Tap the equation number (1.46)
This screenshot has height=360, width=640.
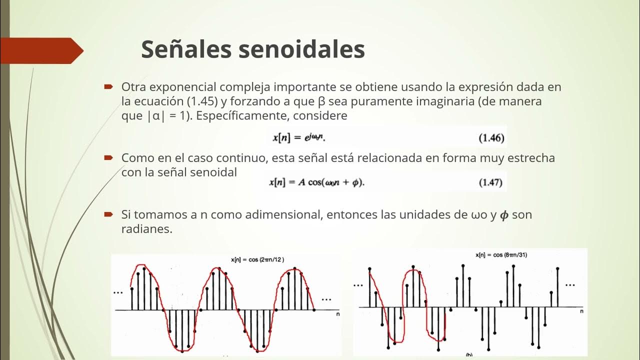tap(491, 138)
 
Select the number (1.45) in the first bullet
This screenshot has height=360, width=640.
tap(202, 101)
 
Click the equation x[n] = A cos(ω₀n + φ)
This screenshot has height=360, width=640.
tap(317, 182)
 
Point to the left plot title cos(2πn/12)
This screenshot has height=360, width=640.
tap(257, 259)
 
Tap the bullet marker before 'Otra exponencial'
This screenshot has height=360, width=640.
tap(108, 87)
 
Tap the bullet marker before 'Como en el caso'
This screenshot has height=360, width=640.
tap(108, 158)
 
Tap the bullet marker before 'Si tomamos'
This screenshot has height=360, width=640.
tap(108, 215)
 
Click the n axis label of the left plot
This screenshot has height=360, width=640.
tap(338, 314)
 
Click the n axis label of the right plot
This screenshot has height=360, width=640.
tap(581, 311)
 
